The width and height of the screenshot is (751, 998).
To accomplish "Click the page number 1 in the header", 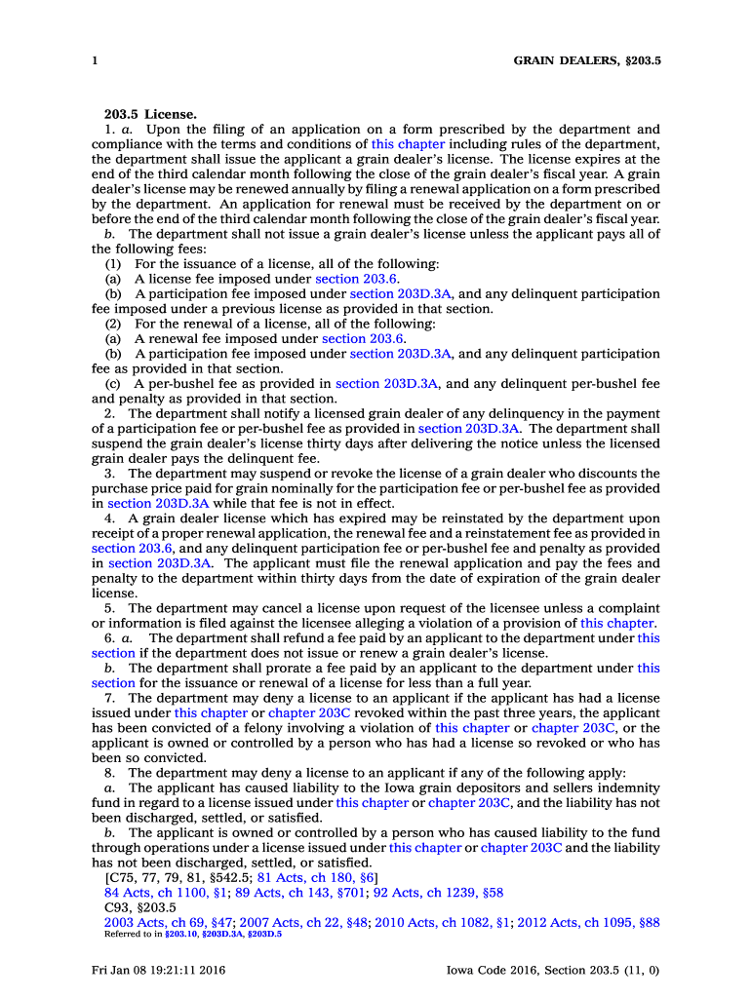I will tap(95, 60).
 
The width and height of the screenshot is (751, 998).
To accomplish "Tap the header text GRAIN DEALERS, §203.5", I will tap(587, 60).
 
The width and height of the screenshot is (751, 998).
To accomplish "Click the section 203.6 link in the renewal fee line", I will tap(364, 339).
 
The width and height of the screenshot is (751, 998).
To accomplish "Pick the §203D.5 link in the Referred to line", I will tap(264, 934).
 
